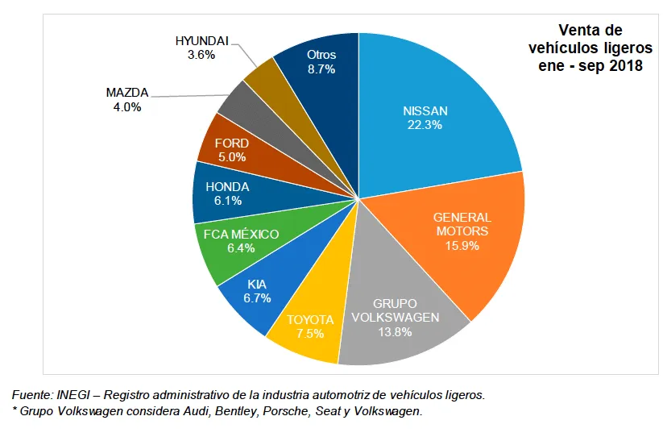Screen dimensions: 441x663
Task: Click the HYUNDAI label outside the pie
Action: click(201, 41)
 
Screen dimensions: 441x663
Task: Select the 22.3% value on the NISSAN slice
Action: click(425, 125)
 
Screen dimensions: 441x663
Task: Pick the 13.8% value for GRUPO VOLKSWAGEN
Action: click(395, 331)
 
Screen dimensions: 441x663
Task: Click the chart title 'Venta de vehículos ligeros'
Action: click(590, 40)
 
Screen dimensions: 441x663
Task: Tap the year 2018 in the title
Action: click(626, 66)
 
